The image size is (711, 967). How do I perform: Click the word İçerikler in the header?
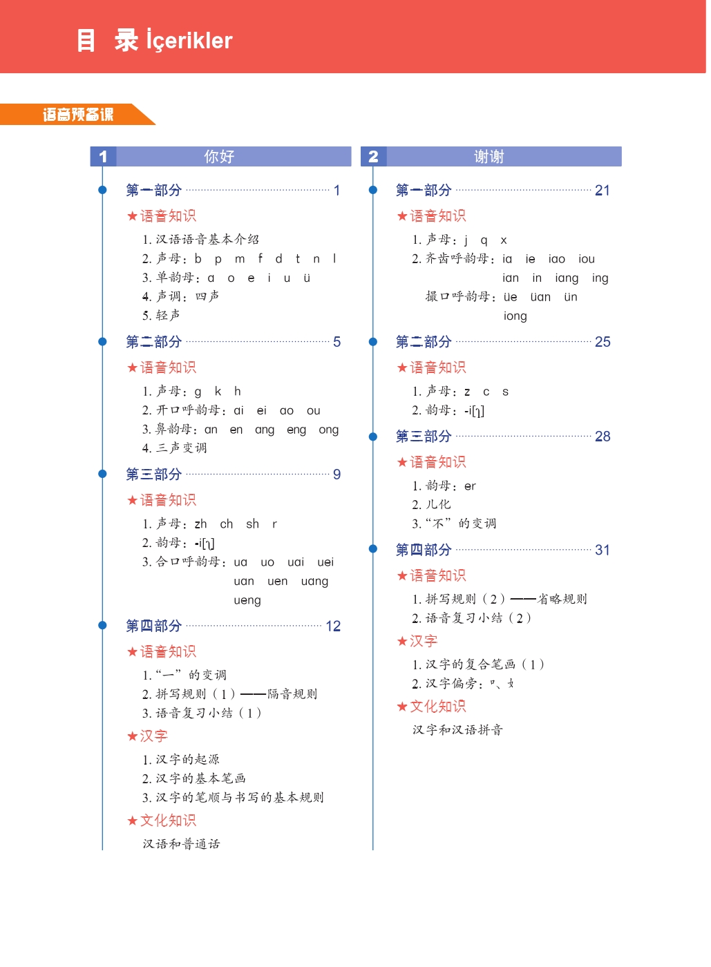(189, 41)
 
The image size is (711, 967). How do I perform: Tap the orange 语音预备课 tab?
(77, 115)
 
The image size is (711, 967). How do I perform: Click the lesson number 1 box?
(103, 157)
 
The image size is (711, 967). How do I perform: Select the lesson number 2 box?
(373, 157)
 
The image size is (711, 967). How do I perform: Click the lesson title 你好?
(219, 157)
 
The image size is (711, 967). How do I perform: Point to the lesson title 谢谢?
(489, 157)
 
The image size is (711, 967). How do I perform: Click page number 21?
(603, 191)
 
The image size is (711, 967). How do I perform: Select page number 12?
(333, 626)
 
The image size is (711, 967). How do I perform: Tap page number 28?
(603, 437)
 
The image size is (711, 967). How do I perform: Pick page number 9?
(336, 475)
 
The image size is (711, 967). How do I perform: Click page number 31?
(603, 550)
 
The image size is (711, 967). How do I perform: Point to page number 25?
(603, 342)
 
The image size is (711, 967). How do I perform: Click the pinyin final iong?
(515, 316)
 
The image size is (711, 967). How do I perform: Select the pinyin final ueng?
(247, 600)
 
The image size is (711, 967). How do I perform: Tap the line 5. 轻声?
(161, 316)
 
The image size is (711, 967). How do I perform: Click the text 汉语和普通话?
(181, 844)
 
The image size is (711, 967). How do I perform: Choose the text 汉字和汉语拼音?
(457, 730)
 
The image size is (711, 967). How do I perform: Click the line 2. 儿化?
(431, 505)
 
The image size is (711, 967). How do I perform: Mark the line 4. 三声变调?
(174, 448)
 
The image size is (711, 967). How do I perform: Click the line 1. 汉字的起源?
(180, 760)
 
